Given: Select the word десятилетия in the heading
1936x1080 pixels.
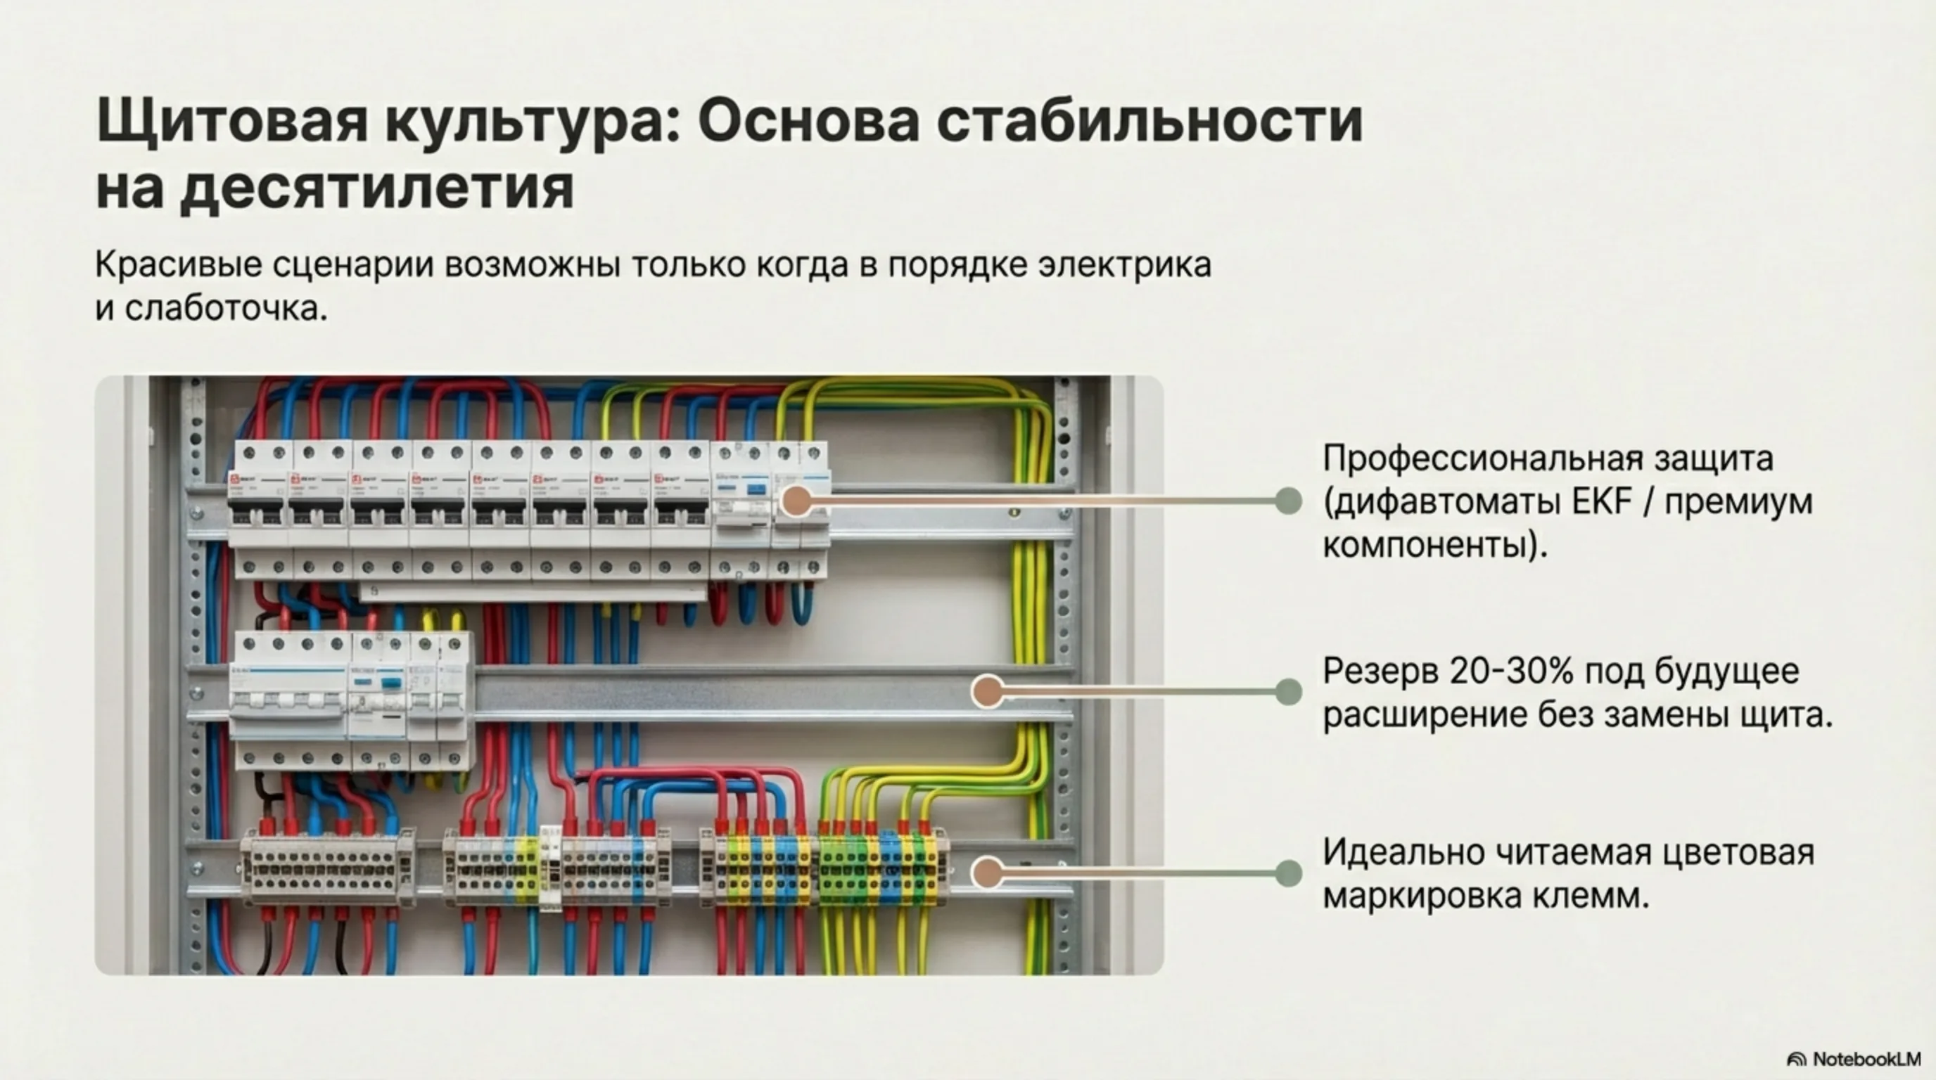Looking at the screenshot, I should click(x=376, y=188).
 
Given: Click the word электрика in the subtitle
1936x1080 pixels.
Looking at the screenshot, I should click(x=1124, y=265).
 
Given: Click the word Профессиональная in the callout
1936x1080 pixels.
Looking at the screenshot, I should click(x=1471, y=458).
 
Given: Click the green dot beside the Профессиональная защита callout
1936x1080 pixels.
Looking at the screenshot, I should click(x=1289, y=501).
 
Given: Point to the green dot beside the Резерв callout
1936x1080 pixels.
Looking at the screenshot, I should click(x=1289, y=692).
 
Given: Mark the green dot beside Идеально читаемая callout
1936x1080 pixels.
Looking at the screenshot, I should click(x=1289, y=873).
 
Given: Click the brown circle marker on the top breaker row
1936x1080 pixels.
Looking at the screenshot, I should click(x=796, y=501).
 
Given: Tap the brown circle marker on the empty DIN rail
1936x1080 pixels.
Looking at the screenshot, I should click(x=988, y=692).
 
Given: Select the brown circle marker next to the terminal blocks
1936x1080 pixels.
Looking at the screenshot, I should click(x=988, y=873).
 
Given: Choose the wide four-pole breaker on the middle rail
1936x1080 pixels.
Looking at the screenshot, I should click(x=288, y=700).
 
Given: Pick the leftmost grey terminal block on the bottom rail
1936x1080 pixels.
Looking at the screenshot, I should click(x=328, y=867).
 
